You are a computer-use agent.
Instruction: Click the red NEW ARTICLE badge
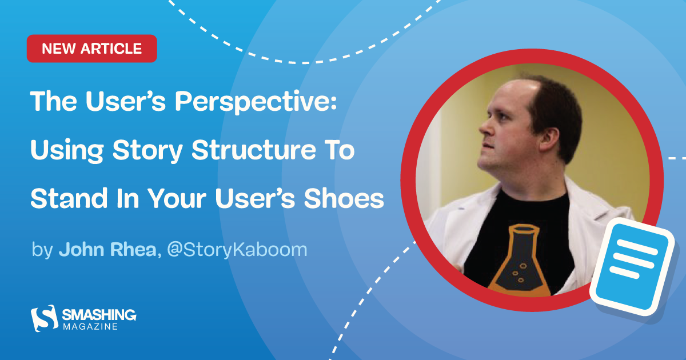(x=91, y=49)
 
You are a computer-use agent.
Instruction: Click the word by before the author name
(x=42, y=250)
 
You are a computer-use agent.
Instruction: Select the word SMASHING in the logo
(x=99, y=314)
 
